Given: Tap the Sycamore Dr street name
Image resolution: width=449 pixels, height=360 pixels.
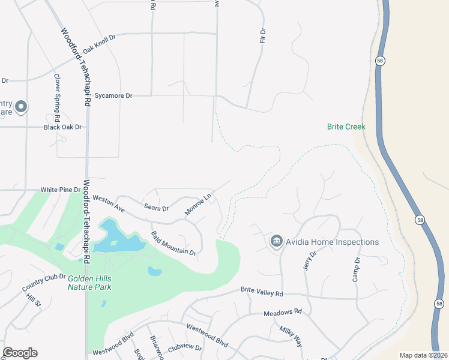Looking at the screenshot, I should (112, 95).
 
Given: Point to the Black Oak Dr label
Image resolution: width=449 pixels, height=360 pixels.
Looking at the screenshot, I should (62, 127).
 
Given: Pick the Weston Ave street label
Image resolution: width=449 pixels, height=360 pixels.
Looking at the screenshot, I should (108, 203).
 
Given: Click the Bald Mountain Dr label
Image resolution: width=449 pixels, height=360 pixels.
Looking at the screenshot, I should (173, 244).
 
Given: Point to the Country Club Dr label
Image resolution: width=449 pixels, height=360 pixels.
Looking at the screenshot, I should (44, 281).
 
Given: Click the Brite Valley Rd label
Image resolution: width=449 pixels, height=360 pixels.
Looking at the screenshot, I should (261, 291).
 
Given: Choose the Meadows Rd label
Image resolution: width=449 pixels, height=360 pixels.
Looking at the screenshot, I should (283, 313).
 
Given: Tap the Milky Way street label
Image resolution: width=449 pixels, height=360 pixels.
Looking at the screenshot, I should (291, 335).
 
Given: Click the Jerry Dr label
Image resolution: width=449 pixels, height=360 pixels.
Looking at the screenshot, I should (309, 261).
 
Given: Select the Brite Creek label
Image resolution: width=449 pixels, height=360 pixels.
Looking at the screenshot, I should (346, 127).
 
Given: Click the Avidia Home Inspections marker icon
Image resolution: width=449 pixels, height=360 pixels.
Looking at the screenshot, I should (276, 241).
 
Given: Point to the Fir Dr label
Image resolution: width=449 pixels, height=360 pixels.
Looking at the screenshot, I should (262, 35).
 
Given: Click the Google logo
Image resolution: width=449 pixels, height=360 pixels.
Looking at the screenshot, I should (20, 353).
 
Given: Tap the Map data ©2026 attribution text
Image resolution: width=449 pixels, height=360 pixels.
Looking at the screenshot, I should (423, 355).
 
